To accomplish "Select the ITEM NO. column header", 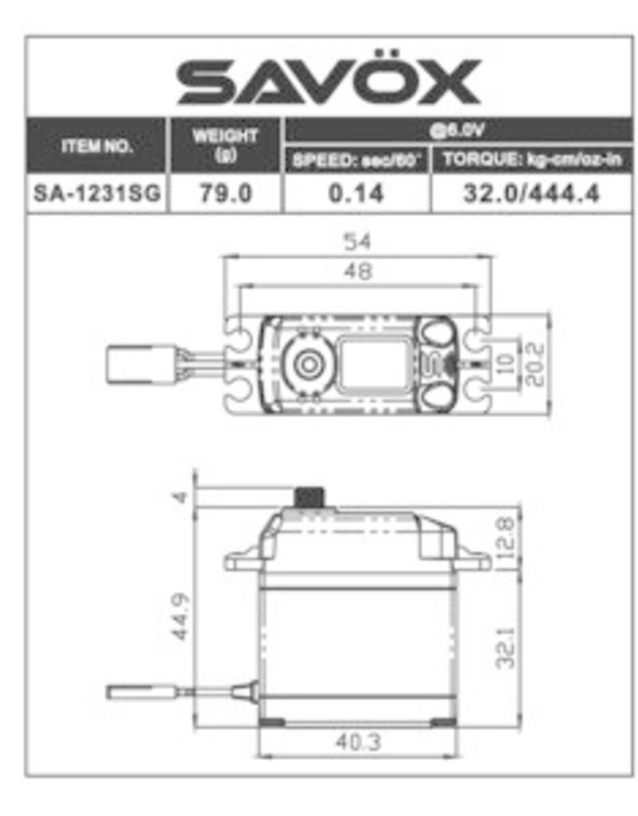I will pos(96,147).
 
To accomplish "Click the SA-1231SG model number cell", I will pos(96,194).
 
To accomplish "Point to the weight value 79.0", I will pos(225,194).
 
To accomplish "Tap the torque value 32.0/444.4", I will pos(531,194).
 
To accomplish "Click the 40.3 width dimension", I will pos(358,742).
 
